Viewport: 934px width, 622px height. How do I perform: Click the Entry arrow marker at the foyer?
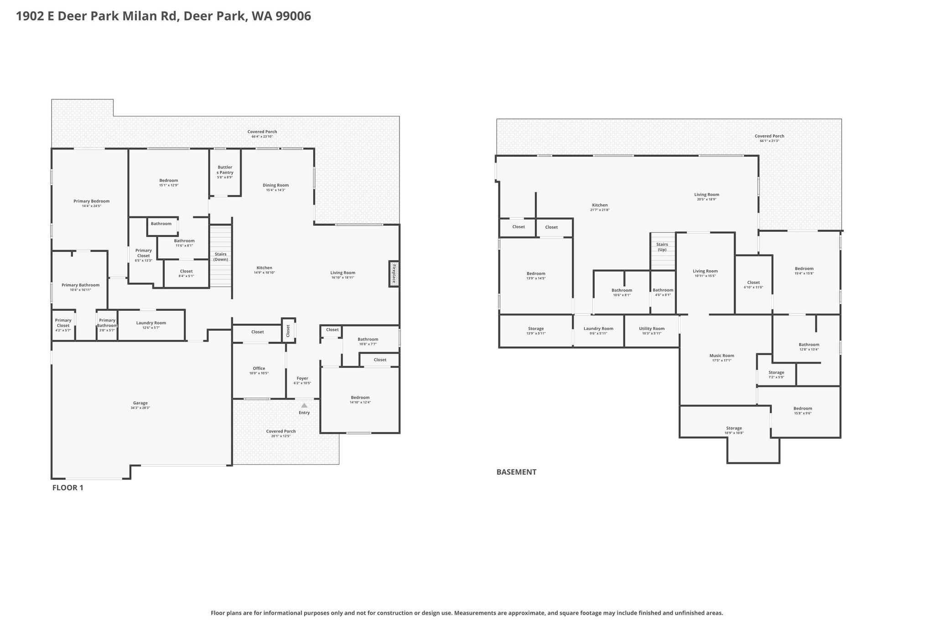tap(304, 405)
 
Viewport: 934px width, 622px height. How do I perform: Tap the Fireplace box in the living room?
tap(394, 273)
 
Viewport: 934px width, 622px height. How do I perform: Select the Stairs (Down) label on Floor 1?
tap(221, 257)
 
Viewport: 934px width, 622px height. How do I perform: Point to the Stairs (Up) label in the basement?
tap(662, 247)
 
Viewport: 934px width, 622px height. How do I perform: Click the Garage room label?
tap(140, 403)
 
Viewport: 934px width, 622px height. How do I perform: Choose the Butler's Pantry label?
tap(225, 170)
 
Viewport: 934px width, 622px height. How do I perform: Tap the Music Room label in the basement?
tap(722, 355)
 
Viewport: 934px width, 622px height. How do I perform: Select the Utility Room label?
tap(652, 329)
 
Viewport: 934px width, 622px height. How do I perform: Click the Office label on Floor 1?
tap(259, 368)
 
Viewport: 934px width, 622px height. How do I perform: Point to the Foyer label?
tap(302, 378)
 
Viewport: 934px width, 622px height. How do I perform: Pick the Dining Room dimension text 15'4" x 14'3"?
tap(276, 190)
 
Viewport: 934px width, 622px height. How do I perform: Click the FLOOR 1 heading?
tap(68, 488)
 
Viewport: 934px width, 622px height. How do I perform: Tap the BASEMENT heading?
tap(516, 472)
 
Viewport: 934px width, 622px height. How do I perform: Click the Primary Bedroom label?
tap(92, 201)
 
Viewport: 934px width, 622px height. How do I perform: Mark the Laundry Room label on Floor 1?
tap(151, 323)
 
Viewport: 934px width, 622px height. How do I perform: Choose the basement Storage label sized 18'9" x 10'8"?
tap(734, 428)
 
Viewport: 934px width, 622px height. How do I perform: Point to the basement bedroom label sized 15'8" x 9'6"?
tap(803, 408)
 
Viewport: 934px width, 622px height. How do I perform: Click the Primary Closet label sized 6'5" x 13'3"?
tap(144, 253)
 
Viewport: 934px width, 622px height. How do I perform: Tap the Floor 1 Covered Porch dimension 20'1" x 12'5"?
tap(281, 436)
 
